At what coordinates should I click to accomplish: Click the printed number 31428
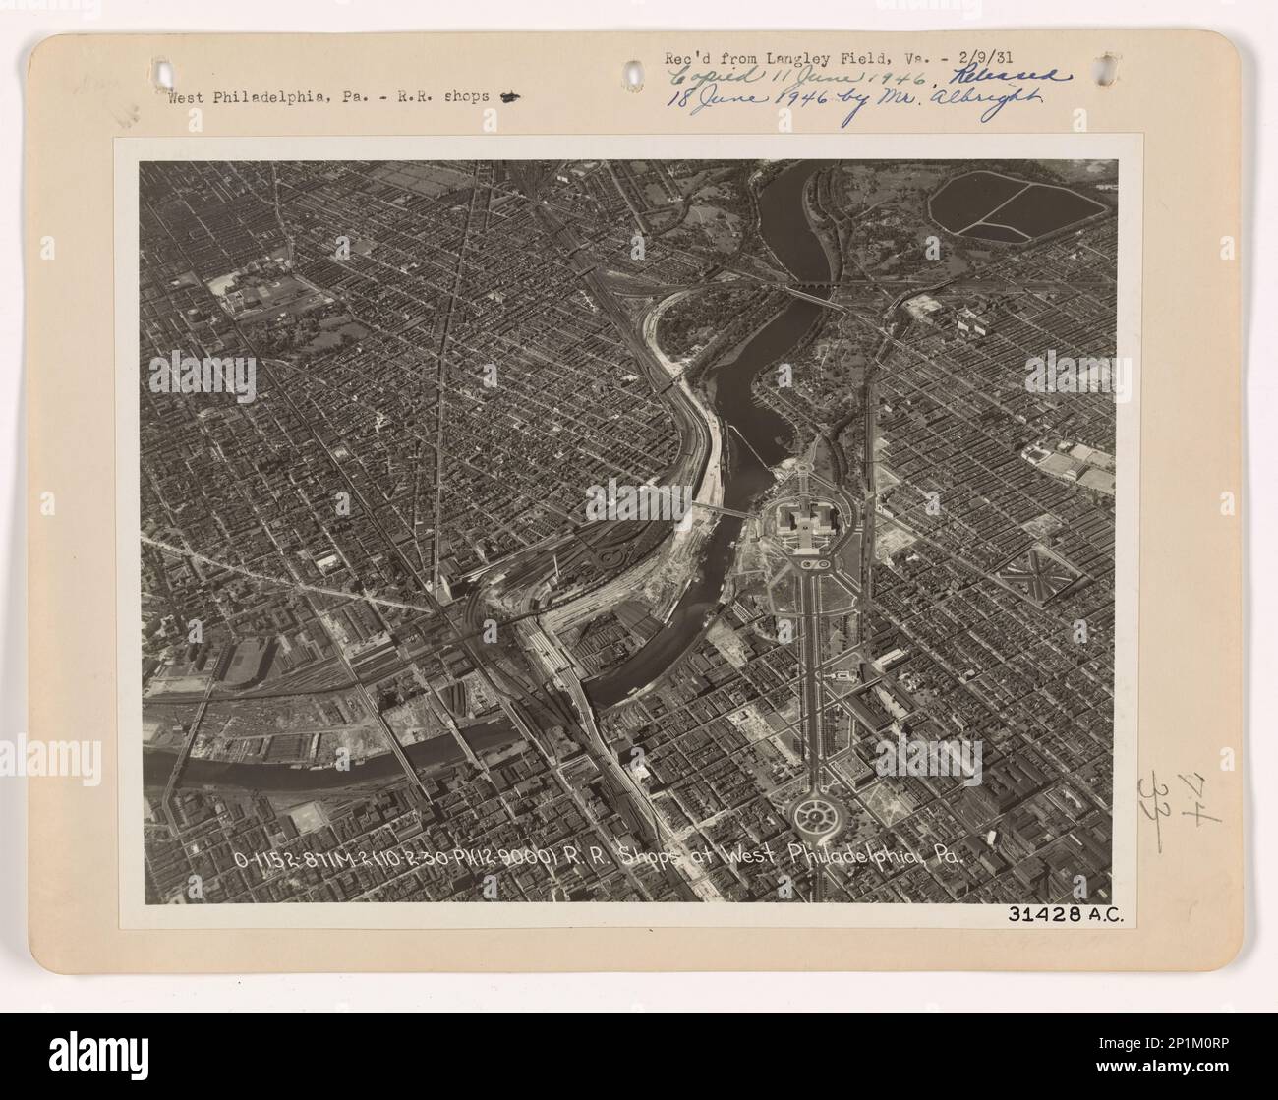coord(1043,913)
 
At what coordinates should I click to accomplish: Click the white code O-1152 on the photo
coord(267,857)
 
